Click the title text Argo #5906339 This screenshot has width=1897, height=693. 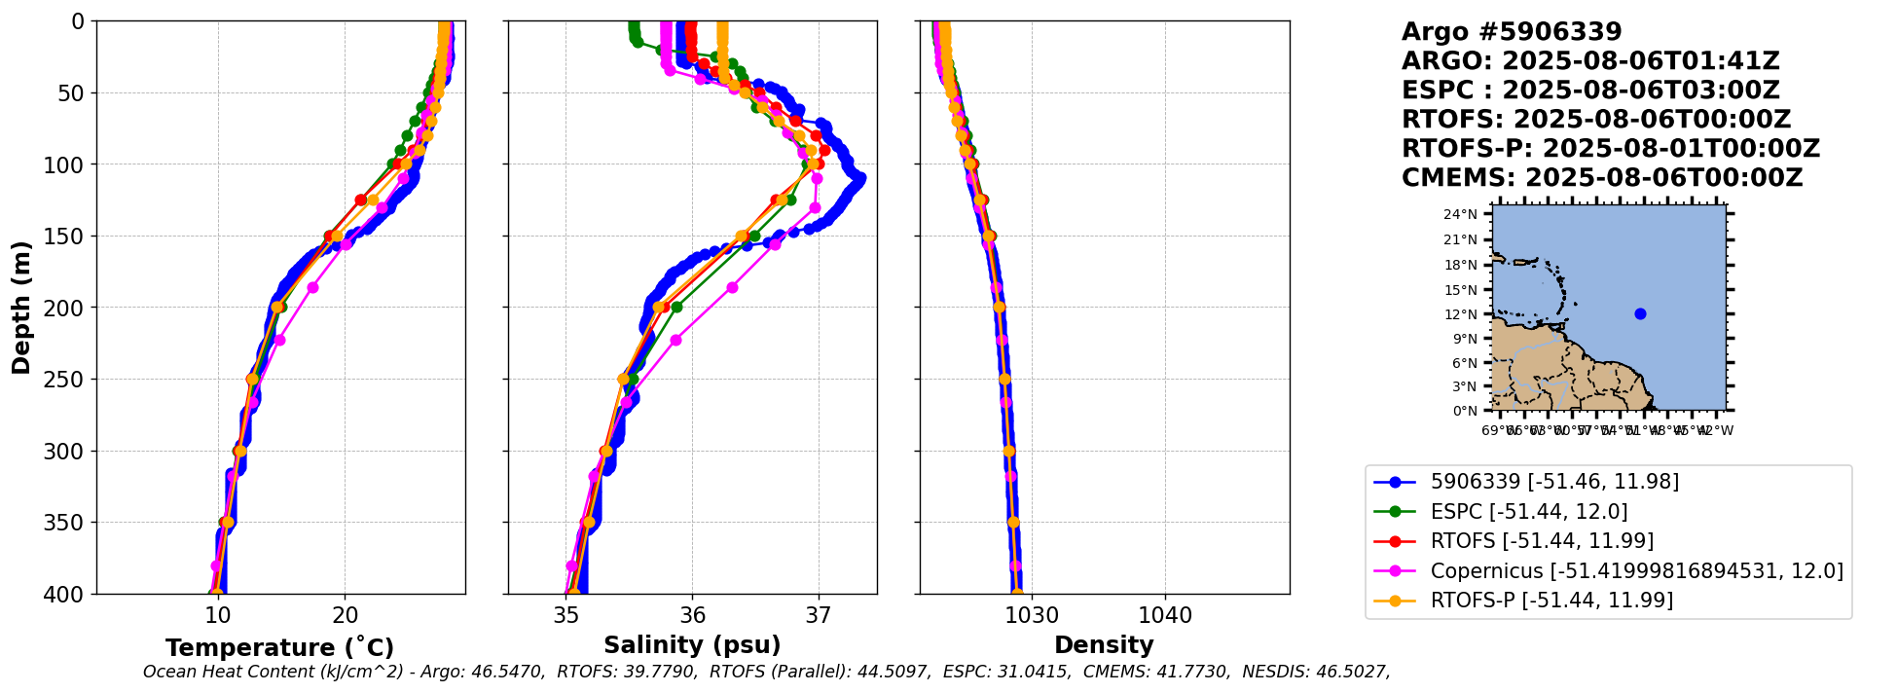pos(1512,32)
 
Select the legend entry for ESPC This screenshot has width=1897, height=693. pos(1528,511)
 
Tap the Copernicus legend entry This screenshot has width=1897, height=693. pos(1636,570)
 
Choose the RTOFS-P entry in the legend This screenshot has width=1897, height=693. pos(1551,600)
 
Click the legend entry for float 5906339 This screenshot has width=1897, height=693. pos(1554,481)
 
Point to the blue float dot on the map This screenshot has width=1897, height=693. pos(1640,313)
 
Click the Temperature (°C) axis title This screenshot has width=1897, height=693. pos(279,647)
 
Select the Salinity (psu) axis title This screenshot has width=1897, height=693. pos(692,645)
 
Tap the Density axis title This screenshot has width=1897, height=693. pos(1104,645)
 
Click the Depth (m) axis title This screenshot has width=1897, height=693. pos(21,307)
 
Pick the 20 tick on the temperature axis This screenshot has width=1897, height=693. pos(345,615)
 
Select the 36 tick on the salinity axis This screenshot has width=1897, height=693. pos(692,615)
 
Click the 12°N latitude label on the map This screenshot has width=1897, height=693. pos(1461,314)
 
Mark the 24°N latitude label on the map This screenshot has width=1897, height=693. pos(1461,214)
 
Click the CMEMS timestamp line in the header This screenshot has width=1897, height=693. pos(1602,178)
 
